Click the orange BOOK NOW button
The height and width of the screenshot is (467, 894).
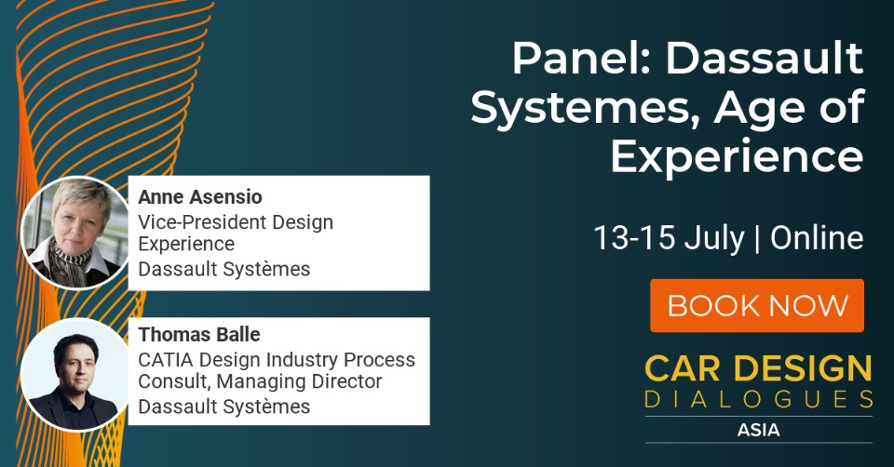pos(757,305)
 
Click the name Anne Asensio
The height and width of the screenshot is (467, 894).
pos(200,197)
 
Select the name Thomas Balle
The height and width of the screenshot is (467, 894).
pos(199,334)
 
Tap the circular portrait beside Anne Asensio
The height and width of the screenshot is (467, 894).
pos(75,233)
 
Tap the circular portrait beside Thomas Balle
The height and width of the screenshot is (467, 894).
pos(75,374)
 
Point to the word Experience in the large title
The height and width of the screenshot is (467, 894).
pos(737,156)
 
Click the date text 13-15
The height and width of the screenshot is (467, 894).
pos(634,237)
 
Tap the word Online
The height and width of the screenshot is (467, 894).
pos(817,237)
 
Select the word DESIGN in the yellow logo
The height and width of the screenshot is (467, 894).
pos(802,368)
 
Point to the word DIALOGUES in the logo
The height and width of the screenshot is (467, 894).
pos(759,399)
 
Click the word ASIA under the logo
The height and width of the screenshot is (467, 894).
pos(758,430)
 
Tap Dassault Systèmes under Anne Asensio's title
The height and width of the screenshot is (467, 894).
pos(224,269)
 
